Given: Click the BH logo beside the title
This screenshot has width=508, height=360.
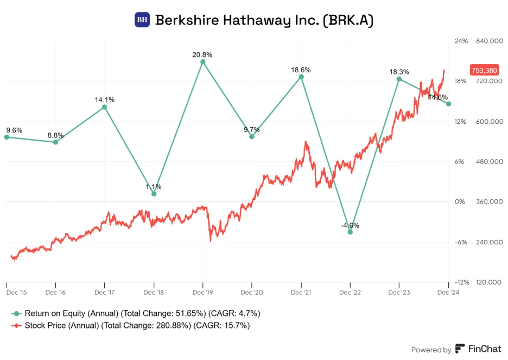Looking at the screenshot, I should [142, 20].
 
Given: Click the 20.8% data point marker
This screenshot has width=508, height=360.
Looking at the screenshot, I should [203, 62].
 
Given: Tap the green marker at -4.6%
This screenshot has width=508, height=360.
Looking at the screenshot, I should [350, 232].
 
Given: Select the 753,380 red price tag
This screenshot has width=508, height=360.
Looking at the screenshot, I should [485, 70].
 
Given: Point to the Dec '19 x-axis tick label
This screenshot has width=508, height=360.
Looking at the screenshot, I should [203, 292].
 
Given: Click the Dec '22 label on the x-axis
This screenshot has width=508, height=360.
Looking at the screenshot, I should [350, 292].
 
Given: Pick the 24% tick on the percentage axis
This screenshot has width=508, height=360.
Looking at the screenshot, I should [460, 41].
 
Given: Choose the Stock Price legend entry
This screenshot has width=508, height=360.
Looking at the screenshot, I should [130, 325].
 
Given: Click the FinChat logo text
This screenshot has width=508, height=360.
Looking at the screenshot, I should [477, 350].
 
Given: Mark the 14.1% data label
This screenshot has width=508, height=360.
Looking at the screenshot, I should [104, 100].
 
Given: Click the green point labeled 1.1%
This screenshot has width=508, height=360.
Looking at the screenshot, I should [154, 194].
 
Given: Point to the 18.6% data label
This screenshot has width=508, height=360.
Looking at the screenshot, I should [301, 70].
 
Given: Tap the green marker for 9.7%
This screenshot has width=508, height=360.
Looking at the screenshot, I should [252, 137].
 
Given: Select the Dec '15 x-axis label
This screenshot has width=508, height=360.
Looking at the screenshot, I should [16, 292].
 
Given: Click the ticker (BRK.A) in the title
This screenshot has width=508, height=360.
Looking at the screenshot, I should [348, 20].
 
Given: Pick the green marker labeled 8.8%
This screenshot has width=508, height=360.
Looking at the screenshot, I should [55, 142].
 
